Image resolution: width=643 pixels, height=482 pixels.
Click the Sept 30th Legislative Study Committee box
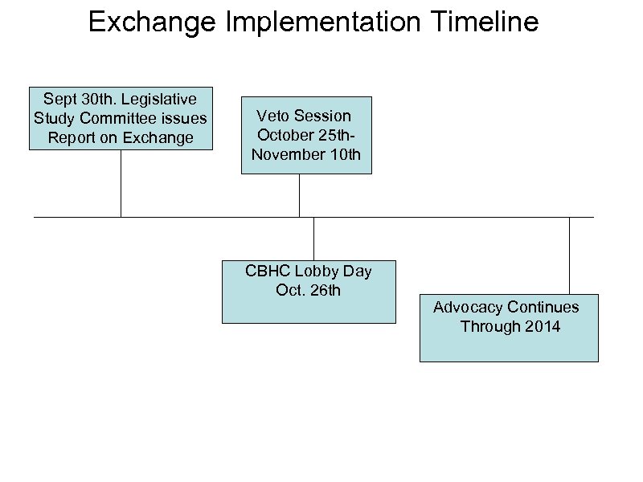click(x=121, y=118)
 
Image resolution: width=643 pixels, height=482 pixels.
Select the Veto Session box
click(x=306, y=135)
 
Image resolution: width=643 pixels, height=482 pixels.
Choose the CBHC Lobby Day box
click(x=309, y=290)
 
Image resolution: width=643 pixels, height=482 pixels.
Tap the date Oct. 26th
click(x=308, y=290)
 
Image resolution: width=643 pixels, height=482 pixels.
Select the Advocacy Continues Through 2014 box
click(x=509, y=329)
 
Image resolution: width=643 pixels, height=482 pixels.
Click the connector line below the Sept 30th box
click(x=121, y=183)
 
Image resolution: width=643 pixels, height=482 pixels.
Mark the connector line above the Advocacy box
click(x=569, y=255)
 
